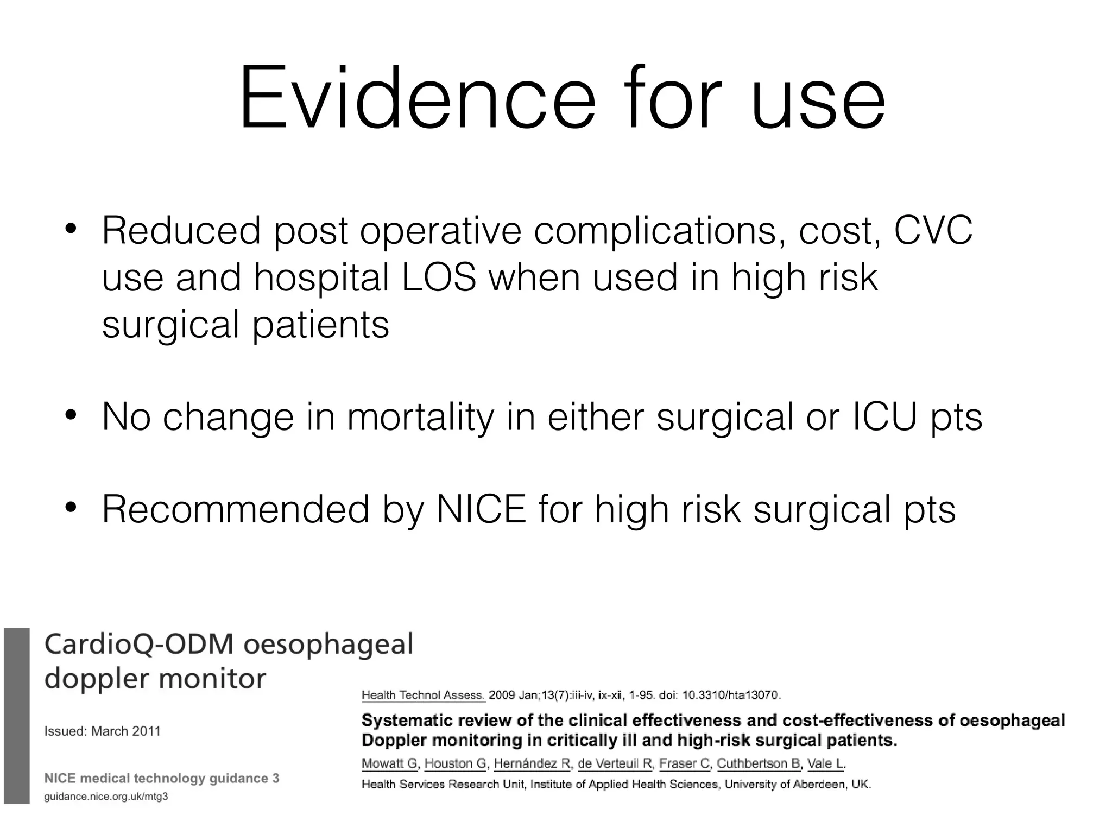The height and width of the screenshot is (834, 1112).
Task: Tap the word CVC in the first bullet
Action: (x=933, y=231)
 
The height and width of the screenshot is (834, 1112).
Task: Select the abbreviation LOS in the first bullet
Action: (x=439, y=277)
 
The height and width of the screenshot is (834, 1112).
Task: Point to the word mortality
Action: (x=421, y=417)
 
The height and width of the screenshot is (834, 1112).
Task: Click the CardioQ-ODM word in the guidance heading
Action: (x=139, y=645)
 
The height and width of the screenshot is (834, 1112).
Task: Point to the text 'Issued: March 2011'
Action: (x=103, y=731)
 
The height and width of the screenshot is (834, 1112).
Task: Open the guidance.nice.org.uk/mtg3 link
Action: (x=106, y=797)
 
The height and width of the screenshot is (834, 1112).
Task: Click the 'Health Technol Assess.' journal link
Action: (x=424, y=695)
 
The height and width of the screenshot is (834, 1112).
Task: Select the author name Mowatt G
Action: (x=390, y=763)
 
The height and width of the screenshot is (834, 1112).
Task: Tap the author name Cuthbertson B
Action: (x=759, y=763)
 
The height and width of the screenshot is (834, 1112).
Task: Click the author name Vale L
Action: (x=825, y=763)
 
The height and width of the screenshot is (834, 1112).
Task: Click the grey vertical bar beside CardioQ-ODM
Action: (x=16, y=716)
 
